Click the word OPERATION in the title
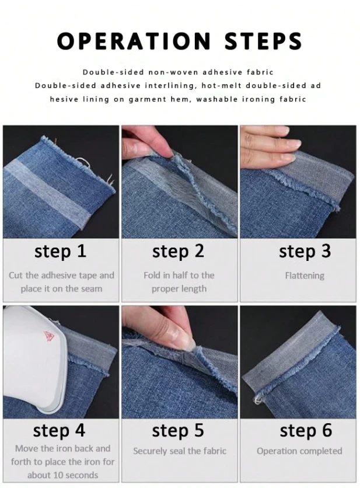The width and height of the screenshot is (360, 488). tap(134, 41)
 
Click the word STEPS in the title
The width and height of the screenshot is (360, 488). tap(263, 41)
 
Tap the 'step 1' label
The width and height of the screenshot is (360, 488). tap(60, 251)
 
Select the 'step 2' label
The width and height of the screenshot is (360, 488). tap(178, 251)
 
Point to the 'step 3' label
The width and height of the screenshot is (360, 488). tap(305, 251)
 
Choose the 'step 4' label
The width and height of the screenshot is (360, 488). tap(59, 431)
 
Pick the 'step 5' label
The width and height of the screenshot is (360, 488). tap(178, 431)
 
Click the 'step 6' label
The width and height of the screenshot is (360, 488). tap(306, 431)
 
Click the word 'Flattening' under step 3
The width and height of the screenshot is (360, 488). tap(305, 276)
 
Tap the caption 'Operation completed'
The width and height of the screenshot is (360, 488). tap(299, 451)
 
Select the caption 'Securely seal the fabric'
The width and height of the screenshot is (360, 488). tap(180, 451)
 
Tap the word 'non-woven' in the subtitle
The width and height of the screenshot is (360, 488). tap(173, 72)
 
